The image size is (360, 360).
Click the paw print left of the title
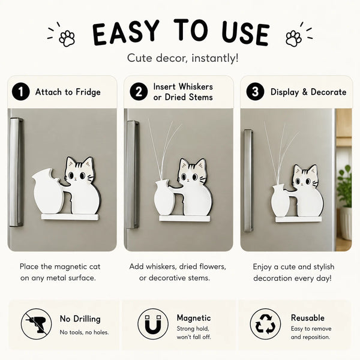point(67,38)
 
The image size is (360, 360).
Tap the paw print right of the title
point(293,38)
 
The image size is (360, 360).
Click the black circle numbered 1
point(21,92)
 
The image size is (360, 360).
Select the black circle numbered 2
point(139,92)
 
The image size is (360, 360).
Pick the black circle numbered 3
point(256,92)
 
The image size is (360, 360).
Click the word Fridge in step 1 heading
point(88,92)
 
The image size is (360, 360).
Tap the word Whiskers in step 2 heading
point(196,87)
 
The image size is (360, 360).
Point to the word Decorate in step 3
point(329,92)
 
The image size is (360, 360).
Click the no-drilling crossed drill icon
point(36,324)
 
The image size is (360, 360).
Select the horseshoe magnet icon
point(153,324)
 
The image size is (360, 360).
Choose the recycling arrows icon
point(265,324)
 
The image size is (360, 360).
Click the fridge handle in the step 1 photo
point(16,172)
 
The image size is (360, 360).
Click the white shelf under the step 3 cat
point(298,220)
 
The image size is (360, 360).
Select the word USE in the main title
point(245,34)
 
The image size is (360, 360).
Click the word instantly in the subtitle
point(215,58)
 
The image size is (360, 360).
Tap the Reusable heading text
point(308,318)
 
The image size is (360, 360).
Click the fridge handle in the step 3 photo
point(248,181)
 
